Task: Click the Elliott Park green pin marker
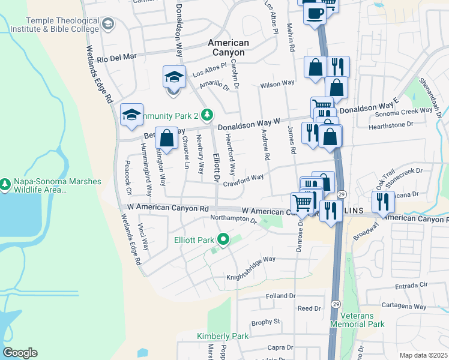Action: coord(223,240)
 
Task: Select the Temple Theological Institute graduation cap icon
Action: coord(107,24)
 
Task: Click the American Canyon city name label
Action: coord(228,47)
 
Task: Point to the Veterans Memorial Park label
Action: coord(361,319)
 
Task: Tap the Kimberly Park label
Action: coord(223,336)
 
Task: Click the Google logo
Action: coord(20,353)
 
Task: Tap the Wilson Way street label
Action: coord(277,85)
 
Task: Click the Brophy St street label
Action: coord(266,322)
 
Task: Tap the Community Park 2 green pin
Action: coord(206,114)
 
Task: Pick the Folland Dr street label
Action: coord(281,296)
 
